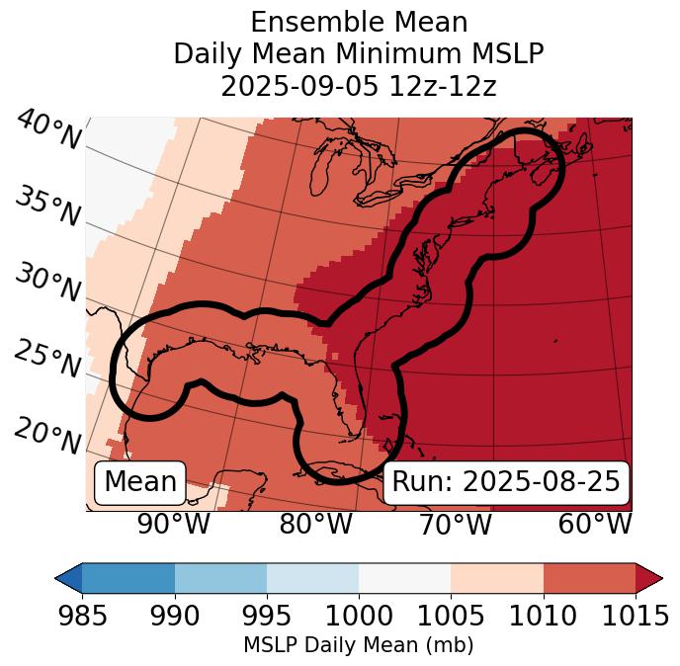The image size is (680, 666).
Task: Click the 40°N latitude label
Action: point(48,129)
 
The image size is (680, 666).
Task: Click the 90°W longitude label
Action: point(173,525)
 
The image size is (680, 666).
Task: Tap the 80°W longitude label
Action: point(315,525)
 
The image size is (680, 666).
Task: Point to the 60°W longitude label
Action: point(594,525)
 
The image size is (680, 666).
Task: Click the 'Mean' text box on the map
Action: point(140,482)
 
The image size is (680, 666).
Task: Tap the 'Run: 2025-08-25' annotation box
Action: point(506,482)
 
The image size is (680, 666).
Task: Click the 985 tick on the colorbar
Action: point(82,616)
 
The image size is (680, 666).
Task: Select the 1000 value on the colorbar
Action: point(359,616)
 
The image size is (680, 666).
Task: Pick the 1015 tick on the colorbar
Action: point(636,616)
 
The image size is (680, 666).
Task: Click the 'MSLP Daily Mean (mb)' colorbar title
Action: point(358,645)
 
